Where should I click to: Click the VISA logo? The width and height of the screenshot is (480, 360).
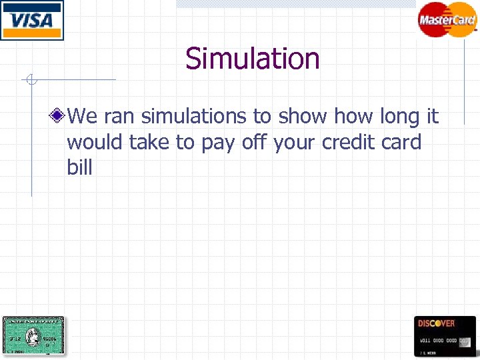click(x=32, y=20)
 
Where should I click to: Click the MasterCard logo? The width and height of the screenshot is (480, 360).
click(x=447, y=19)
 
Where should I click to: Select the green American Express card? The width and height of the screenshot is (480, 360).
click(x=33, y=336)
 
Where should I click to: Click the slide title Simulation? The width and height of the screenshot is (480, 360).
click(x=253, y=59)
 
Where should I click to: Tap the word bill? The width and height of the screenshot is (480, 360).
click(x=79, y=167)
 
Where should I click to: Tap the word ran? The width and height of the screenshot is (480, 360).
click(x=119, y=117)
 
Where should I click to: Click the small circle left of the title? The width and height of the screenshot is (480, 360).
click(x=30, y=81)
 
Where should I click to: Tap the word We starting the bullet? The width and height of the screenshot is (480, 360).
click(x=83, y=117)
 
